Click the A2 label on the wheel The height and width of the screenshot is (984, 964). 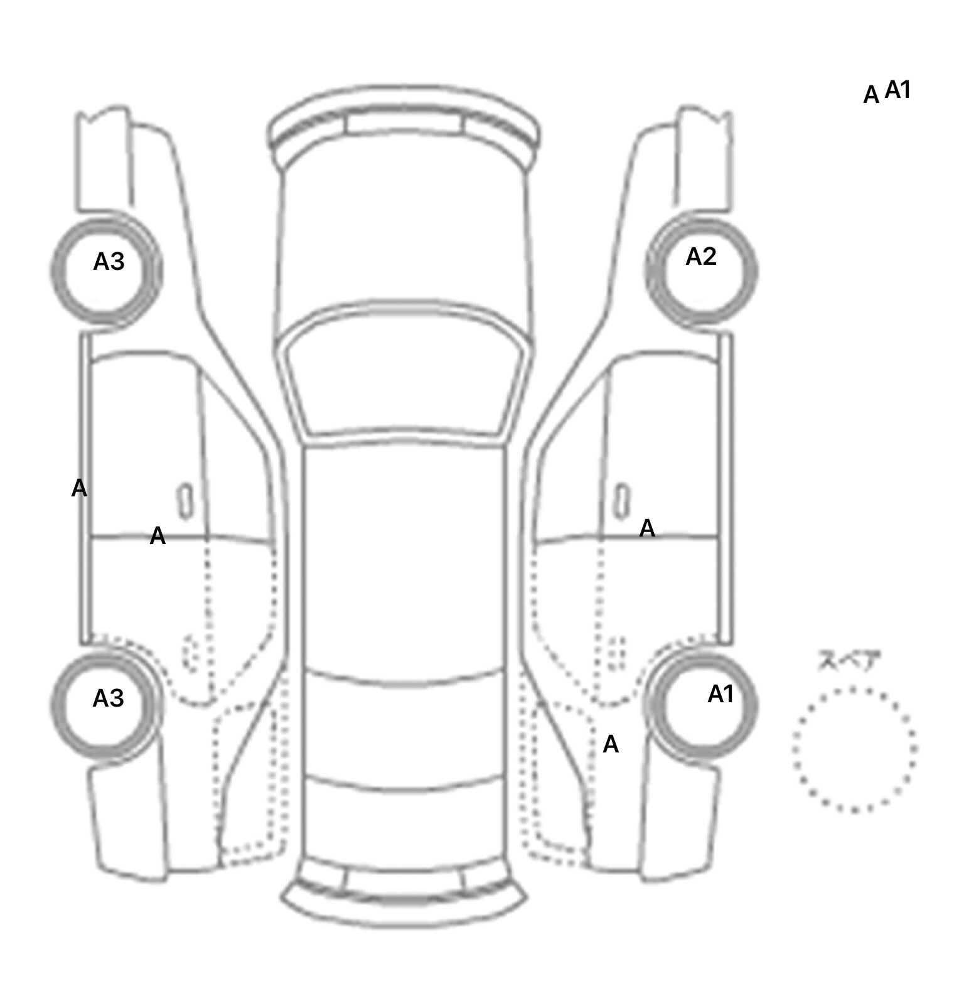point(700,257)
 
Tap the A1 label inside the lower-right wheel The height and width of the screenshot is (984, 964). point(720,694)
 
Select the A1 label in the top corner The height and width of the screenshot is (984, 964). point(897,90)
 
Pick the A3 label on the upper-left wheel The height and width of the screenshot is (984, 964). point(109,261)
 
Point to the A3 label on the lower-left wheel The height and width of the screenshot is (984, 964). point(108,698)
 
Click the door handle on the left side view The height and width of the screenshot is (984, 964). point(185,501)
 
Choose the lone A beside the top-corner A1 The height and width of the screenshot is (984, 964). point(871,95)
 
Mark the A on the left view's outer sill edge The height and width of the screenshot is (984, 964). point(79,488)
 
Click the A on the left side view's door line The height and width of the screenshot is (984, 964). point(158,536)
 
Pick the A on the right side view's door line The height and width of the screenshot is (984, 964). point(647,528)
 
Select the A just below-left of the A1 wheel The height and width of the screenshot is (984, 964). point(611,744)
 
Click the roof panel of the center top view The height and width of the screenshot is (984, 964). point(405,559)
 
